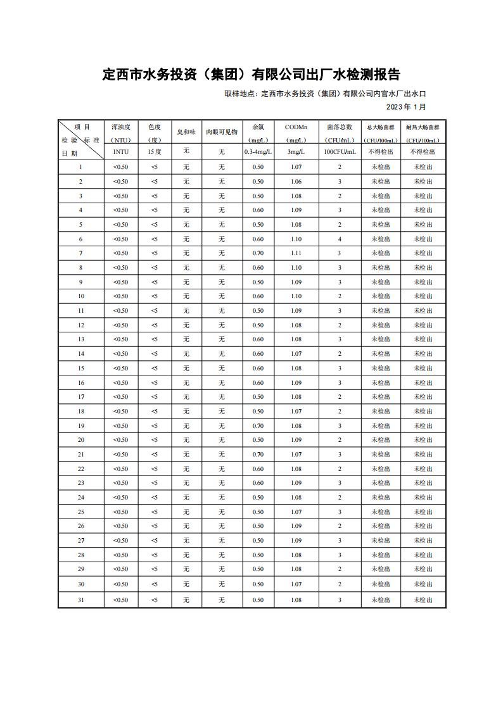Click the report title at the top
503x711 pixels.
tap(251, 75)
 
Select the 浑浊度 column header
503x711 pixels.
tap(120, 127)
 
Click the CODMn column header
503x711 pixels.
tap(295, 127)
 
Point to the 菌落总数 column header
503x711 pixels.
tap(340, 127)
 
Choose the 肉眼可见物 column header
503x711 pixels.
tap(222, 132)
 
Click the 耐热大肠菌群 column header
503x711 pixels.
tap(423, 127)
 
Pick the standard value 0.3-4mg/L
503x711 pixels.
tap(258, 152)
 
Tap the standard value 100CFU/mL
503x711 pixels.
tap(340, 152)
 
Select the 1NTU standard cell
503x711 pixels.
tap(120, 152)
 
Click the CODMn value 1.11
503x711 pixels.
tap(296, 253)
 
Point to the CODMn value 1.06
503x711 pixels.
tap(296, 182)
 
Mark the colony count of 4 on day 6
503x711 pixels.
tap(340, 239)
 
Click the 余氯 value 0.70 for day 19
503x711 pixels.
tap(258, 426)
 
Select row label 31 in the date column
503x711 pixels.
tap(81, 600)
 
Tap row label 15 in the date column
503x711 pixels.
tap(81, 368)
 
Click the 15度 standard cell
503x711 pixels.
tap(155, 152)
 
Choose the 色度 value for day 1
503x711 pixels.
tap(155, 167)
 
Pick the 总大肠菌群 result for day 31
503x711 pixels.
tap(381, 600)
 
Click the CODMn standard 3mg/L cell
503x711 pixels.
tap(296, 152)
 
